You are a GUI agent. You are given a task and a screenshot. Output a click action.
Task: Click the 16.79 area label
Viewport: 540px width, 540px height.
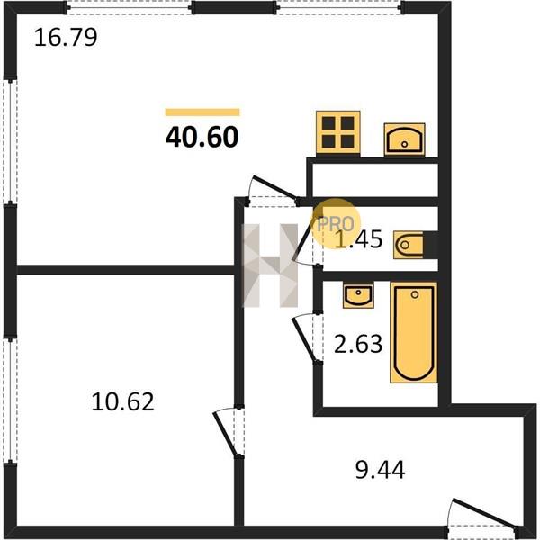tap(66, 38)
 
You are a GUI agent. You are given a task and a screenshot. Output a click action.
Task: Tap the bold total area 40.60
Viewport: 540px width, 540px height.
tap(202, 137)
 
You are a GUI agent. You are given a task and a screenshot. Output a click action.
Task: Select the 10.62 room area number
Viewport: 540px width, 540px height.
tap(122, 401)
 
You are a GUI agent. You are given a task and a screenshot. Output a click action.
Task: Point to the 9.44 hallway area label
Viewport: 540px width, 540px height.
tap(380, 470)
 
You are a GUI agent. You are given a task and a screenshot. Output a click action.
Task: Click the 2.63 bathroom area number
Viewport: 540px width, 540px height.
tap(358, 344)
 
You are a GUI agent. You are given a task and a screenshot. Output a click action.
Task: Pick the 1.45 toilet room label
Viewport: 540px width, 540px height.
tap(359, 239)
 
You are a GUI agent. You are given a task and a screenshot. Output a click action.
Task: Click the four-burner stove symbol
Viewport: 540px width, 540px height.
tap(338, 133)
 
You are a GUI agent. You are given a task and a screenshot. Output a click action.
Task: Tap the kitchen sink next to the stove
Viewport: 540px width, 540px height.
tap(404, 139)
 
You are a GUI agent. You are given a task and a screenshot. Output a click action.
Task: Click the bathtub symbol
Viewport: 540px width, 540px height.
tap(414, 332)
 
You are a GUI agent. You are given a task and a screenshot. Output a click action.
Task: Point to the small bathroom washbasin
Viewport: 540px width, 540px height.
tap(358, 295)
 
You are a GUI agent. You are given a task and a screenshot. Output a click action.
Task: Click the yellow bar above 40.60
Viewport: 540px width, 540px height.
tap(202, 112)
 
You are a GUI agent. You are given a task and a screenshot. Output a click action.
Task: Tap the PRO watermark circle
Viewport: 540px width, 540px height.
tap(336, 223)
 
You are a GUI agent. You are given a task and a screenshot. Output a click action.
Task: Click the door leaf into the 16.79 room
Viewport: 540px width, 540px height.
tap(274, 188)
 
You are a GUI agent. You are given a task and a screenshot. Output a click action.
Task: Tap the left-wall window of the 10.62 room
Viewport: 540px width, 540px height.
tap(10, 400)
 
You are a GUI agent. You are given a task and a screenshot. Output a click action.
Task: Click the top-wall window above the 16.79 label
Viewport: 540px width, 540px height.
tap(130, 8)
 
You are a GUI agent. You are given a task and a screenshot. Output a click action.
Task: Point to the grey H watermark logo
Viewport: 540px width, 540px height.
tap(271, 265)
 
